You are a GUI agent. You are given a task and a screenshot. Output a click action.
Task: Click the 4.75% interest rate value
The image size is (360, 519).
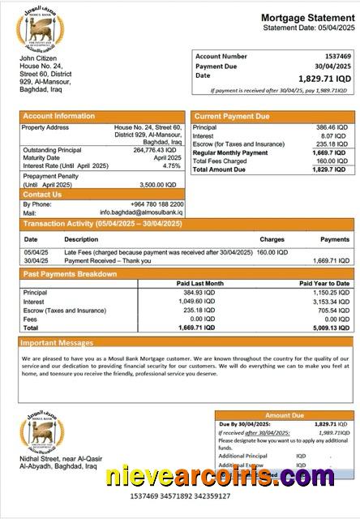pyautogui.click(x=171, y=165)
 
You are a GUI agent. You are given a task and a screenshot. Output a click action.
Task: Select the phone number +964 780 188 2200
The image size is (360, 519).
pyautogui.click(x=153, y=204)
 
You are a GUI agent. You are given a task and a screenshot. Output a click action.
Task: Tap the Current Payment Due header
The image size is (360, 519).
pyautogui.click(x=232, y=117)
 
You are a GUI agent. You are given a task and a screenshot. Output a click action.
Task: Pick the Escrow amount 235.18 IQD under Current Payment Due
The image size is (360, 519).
pyautogui.click(x=332, y=144)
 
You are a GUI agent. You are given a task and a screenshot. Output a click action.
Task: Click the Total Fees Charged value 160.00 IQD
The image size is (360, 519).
pyautogui.click(x=332, y=161)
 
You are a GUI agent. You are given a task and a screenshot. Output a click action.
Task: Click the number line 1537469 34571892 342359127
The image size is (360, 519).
pyautogui.click(x=179, y=495)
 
